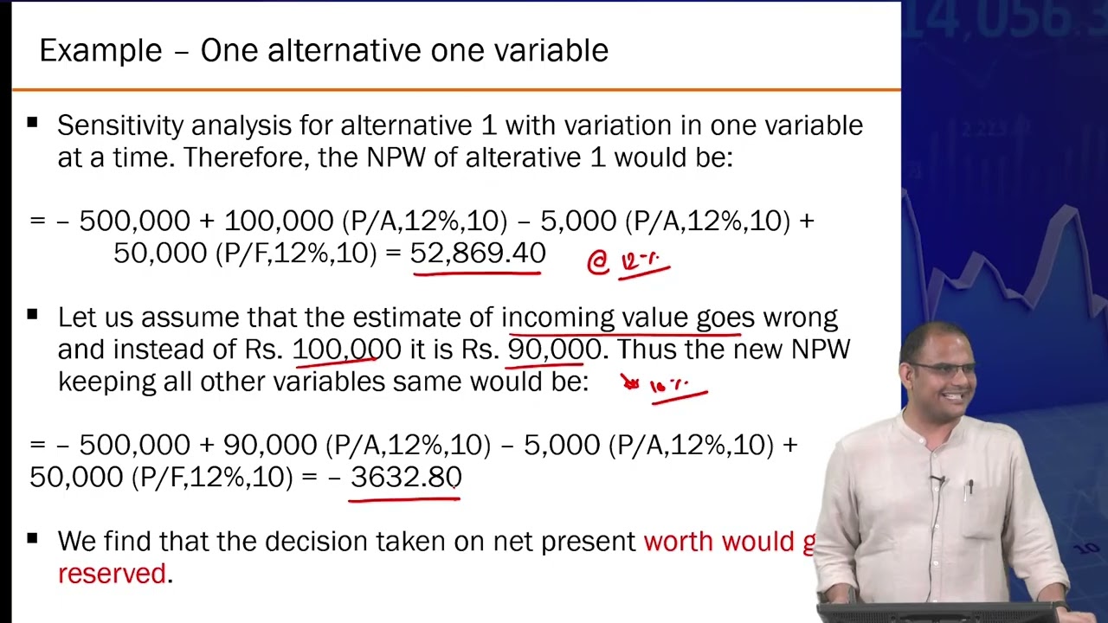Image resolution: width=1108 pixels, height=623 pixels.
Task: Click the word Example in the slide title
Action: coord(100,51)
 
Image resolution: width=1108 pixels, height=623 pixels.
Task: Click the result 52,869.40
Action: coord(478,254)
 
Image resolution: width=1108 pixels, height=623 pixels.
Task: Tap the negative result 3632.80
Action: coord(406,477)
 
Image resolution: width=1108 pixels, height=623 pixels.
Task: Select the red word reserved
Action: coord(112,574)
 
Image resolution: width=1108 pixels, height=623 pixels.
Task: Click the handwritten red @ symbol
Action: coord(598,263)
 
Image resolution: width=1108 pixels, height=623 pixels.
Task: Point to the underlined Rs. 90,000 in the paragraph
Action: coord(554,350)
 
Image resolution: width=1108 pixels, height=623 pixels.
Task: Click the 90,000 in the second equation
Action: coord(270,445)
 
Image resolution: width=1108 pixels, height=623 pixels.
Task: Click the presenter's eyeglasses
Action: coord(945,369)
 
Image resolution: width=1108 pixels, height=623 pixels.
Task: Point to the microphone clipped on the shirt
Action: coord(936,478)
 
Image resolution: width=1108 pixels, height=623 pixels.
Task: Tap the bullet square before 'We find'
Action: coord(33,539)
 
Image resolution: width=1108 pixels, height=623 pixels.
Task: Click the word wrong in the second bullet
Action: coord(800,318)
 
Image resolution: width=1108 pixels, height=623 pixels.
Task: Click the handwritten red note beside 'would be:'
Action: coord(667,386)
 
